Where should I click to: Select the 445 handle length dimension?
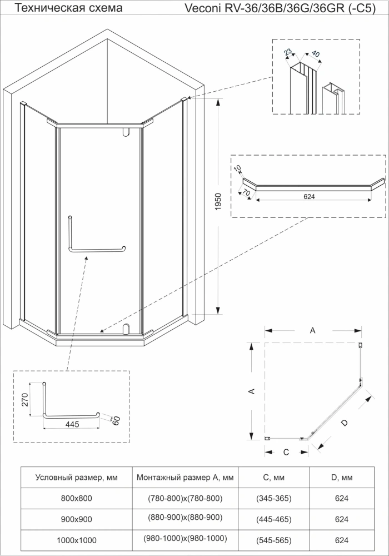71,424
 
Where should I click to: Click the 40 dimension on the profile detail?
315,55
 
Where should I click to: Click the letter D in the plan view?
344,423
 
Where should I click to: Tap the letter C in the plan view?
286,452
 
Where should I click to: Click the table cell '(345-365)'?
273,498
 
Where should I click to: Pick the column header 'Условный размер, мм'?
76,478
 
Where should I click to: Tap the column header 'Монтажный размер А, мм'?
185,478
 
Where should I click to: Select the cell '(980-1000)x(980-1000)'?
185,539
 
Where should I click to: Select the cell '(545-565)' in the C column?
273,539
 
